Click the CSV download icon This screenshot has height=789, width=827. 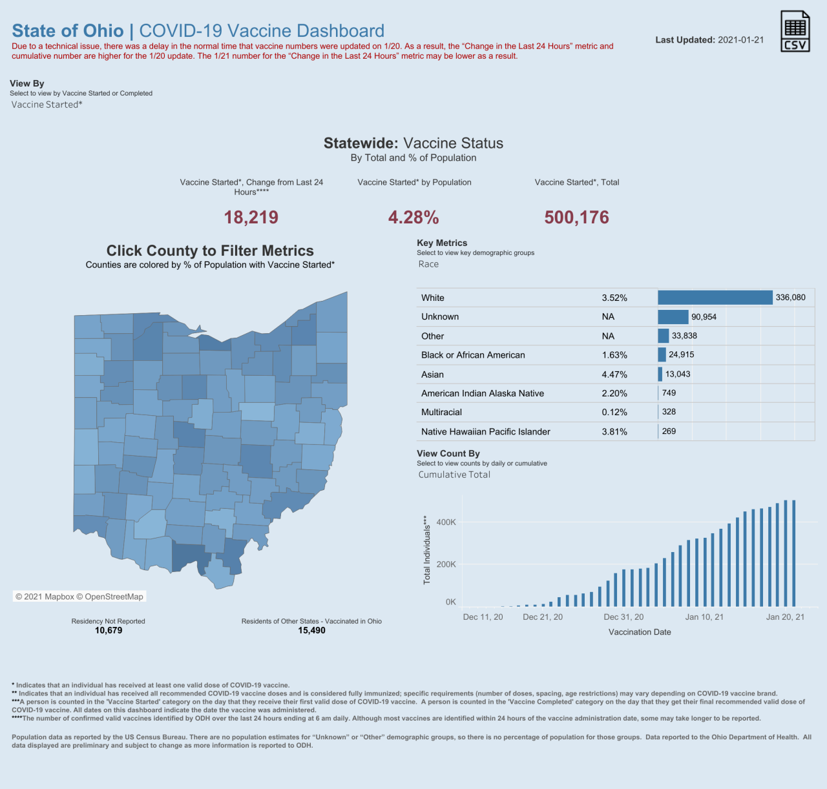click(795, 32)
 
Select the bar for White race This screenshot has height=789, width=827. click(715, 298)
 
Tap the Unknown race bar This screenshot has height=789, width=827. click(673, 317)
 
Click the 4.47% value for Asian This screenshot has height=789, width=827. click(614, 374)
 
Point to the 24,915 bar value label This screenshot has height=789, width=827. click(681, 354)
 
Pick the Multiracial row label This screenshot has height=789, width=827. click(441, 413)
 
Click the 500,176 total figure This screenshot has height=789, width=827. click(576, 218)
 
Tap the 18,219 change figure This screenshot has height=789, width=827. click(251, 218)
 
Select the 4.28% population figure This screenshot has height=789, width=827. click(413, 218)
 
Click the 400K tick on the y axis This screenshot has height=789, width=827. click(446, 522)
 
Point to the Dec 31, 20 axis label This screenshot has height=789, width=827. click(623, 617)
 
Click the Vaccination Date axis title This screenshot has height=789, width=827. click(640, 632)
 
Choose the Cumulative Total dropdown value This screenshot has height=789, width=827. click(454, 475)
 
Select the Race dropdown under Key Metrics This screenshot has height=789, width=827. click(428, 264)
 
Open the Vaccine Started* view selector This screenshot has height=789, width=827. click(47, 105)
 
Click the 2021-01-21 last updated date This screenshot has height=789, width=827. click(740, 40)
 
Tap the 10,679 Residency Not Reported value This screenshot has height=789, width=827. click(109, 630)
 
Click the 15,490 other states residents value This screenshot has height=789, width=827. click(311, 630)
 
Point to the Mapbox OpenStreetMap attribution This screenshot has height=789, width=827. click(79, 597)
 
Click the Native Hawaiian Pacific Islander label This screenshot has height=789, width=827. click(486, 432)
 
